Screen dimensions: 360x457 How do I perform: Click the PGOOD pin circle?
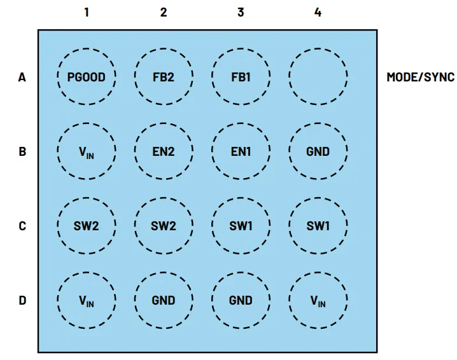pyautogui.click(x=87, y=78)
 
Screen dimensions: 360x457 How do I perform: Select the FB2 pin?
pyautogui.click(x=164, y=78)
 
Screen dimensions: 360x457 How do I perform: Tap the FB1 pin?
pyautogui.click(x=241, y=78)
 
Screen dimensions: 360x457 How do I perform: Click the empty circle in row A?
pyautogui.click(x=318, y=78)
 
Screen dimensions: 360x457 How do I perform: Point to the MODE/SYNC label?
pyautogui.click(x=420, y=78)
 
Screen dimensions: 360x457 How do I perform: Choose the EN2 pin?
pyautogui.click(x=164, y=151)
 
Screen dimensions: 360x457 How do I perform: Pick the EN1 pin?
pyautogui.click(x=241, y=151)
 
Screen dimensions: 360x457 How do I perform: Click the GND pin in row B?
pyautogui.click(x=318, y=151)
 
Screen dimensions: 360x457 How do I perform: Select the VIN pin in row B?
pyautogui.click(x=87, y=151)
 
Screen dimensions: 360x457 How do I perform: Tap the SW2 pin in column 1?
pyautogui.click(x=87, y=226)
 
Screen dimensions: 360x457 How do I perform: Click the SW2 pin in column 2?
pyautogui.click(x=164, y=226)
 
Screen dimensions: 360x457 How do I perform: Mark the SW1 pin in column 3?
pyautogui.click(x=241, y=226)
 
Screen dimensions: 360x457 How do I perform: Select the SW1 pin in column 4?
pyautogui.click(x=318, y=226)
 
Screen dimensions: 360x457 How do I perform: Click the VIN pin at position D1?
pyautogui.click(x=87, y=300)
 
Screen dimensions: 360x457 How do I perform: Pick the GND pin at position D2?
pyautogui.click(x=164, y=300)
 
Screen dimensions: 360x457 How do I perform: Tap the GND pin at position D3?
pyautogui.click(x=241, y=300)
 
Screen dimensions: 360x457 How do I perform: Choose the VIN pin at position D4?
pyautogui.click(x=318, y=300)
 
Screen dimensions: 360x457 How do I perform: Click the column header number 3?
pyautogui.click(x=241, y=12)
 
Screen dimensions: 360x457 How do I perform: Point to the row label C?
pyautogui.click(x=22, y=226)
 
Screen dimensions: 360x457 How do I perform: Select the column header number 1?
pyautogui.click(x=87, y=12)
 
